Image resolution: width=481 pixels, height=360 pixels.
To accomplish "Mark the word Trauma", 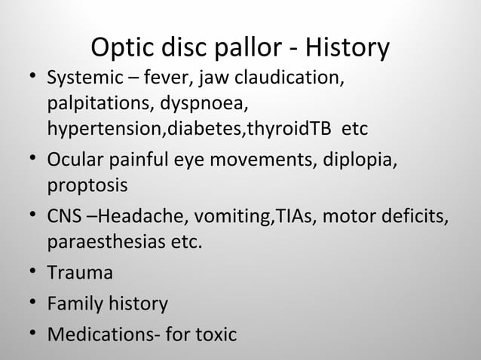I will coord(81,273).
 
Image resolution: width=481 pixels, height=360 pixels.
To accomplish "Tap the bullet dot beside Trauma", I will coord(31,273).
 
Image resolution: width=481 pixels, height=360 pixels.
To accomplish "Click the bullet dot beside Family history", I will coord(31,304).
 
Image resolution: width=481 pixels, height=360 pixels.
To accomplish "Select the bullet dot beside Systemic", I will coord(31,78).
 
